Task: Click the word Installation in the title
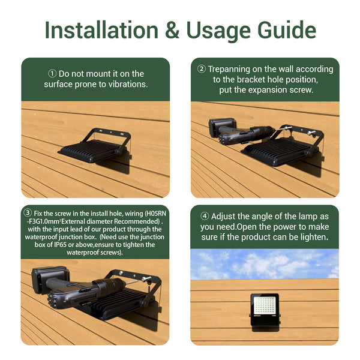[x=101, y=30]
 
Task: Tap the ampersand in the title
[x=172, y=30]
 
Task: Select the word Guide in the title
[x=287, y=31]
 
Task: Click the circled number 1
[x=52, y=74]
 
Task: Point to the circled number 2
[x=202, y=69]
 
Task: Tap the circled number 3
[x=28, y=213]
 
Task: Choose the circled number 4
[x=205, y=216]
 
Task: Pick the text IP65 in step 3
[x=60, y=245]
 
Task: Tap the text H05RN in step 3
[x=156, y=214]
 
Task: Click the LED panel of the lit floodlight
[x=264, y=305]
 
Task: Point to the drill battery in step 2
[x=222, y=127]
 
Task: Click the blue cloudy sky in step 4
[x=265, y=264]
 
